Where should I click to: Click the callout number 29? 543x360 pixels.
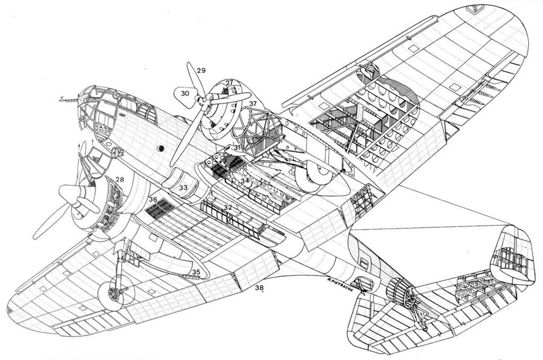pyautogui.click(x=200, y=70)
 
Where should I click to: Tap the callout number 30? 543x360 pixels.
pyautogui.click(x=185, y=93)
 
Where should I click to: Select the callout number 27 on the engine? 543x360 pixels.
pyautogui.click(x=229, y=83)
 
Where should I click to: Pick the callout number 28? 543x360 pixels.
pyautogui.click(x=120, y=180)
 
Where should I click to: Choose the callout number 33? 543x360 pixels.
pyautogui.click(x=183, y=188)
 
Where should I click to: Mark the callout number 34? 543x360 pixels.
pyautogui.click(x=244, y=181)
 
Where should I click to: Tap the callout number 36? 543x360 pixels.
pyautogui.click(x=153, y=199)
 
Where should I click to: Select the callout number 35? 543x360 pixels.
pyautogui.click(x=196, y=273)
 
